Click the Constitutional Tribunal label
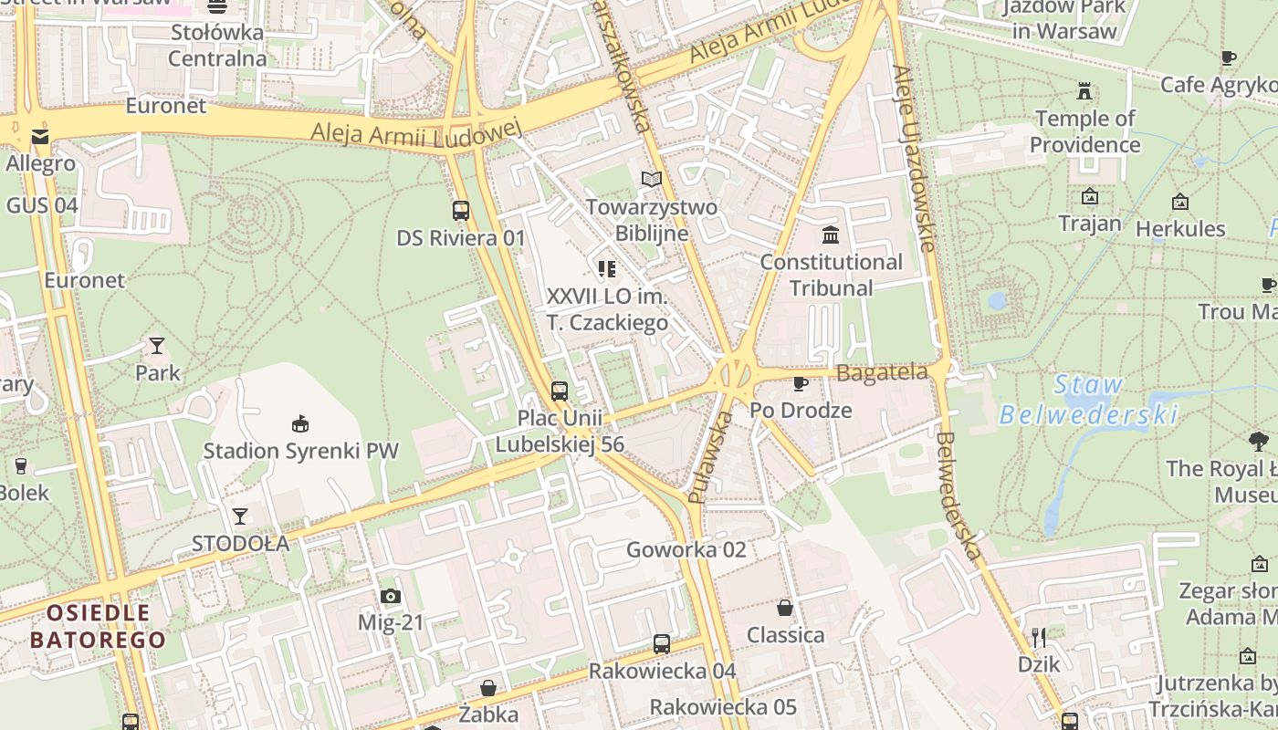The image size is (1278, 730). pyautogui.click(x=831, y=275)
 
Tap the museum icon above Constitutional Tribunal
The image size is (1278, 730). pyautogui.click(x=831, y=235)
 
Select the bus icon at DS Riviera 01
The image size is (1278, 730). pyautogui.click(x=461, y=211)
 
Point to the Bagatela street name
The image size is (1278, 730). pyautogui.click(x=882, y=371)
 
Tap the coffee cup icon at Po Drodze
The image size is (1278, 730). pyautogui.click(x=801, y=383)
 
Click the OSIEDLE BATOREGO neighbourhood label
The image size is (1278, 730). pyautogui.click(x=99, y=625)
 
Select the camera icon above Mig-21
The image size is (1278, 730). pyautogui.click(x=391, y=597)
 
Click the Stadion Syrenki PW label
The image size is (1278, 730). pyautogui.click(x=300, y=451)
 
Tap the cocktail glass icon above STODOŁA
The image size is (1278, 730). pyautogui.click(x=240, y=516)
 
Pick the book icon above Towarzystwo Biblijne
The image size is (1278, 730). pyautogui.click(x=651, y=179)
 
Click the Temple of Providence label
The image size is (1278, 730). pyautogui.click(x=1084, y=131)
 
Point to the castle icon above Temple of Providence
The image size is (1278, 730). pyautogui.click(x=1084, y=91)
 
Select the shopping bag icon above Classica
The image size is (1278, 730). pyautogui.click(x=785, y=608)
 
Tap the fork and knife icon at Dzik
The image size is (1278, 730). pyautogui.click(x=1039, y=637)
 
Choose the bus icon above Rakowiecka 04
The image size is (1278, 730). pyautogui.click(x=662, y=644)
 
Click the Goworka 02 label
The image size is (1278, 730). pyautogui.click(x=686, y=549)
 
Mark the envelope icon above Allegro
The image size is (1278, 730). pyautogui.click(x=40, y=137)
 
